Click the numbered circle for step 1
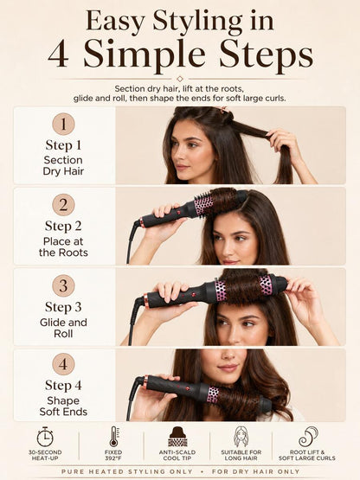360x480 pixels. pyautogui.click(x=63, y=124)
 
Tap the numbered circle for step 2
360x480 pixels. pyautogui.click(x=63, y=205)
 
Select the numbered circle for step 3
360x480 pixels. pyautogui.click(x=63, y=285)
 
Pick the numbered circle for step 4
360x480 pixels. pyautogui.click(x=63, y=364)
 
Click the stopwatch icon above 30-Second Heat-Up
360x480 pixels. pyautogui.click(x=45, y=437)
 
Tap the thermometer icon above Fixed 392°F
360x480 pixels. pyautogui.click(x=113, y=437)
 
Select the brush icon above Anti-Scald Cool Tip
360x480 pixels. pyautogui.click(x=177, y=437)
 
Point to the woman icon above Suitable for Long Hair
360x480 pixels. pyautogui.click(x=241, y=437)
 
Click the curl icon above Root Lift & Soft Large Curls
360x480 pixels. pyautogui.click(x=308, y=437)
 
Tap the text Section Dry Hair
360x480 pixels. pyautogui.click(x=63, y=165)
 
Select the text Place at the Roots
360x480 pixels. pyautogui.click(x=63, y=246)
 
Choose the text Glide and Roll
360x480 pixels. pyautogui.click(x=63, y=328)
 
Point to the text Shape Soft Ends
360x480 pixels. pyautogui.click(x=63, y=406)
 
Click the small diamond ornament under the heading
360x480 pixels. pyautogui.click(x=180, y=79)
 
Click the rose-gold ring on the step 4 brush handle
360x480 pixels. pyautogui.click(x=145, y=381)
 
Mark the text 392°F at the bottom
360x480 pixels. pyautogui.click(x=113, y=458)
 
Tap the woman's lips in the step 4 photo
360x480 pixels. pyautogui.click(x=228, y=368)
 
